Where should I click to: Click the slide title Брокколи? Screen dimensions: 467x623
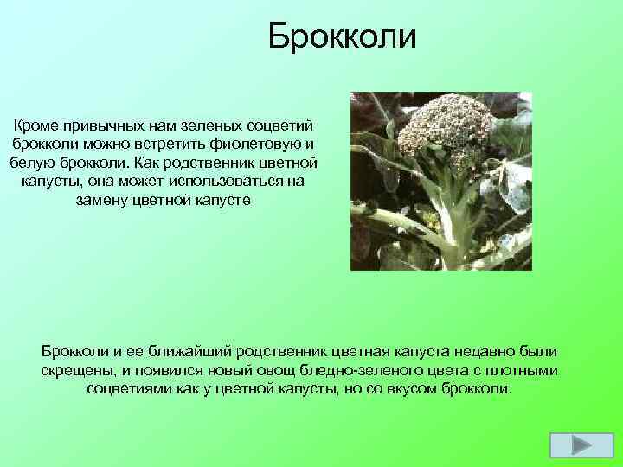(x=342, y=36)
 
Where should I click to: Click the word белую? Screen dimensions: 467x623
(x=32, y=163)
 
